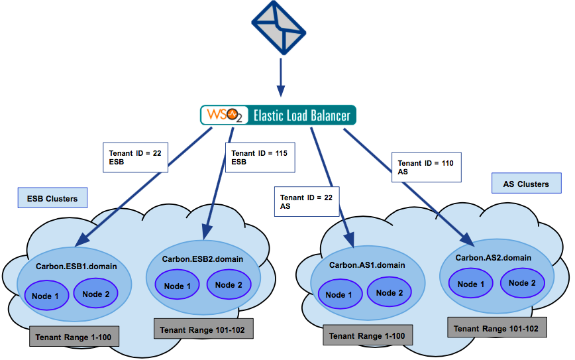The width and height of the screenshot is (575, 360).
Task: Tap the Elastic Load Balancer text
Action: (301, 115)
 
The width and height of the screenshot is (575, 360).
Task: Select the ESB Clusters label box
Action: (52, 198)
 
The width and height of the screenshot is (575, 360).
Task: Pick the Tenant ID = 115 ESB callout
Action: (259, 157)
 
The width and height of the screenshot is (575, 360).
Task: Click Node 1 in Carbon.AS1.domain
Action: (340, 294)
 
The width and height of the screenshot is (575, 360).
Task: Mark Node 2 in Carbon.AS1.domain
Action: (390, 292)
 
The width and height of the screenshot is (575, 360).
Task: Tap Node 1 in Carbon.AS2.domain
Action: (472, 284)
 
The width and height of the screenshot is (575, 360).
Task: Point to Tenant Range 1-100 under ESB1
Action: (74, 337)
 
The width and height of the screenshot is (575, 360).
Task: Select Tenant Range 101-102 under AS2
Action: (496, 328)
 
